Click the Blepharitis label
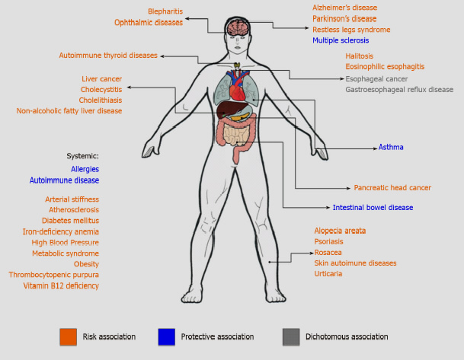coord(165,11)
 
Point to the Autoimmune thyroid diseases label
coord(108,55)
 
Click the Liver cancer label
coord(101,78)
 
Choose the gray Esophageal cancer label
coord(377,78)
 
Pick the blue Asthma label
coord(391,147)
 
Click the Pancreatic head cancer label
coord(392,187)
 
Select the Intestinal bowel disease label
coord(373,207)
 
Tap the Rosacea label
coord(328,252)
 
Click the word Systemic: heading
coord(83,155)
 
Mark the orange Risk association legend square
coord(68,336)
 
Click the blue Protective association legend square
coord(166,336)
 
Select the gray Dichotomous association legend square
coord(291,336)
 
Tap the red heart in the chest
coord(240,92)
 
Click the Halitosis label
coord(363,56)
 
